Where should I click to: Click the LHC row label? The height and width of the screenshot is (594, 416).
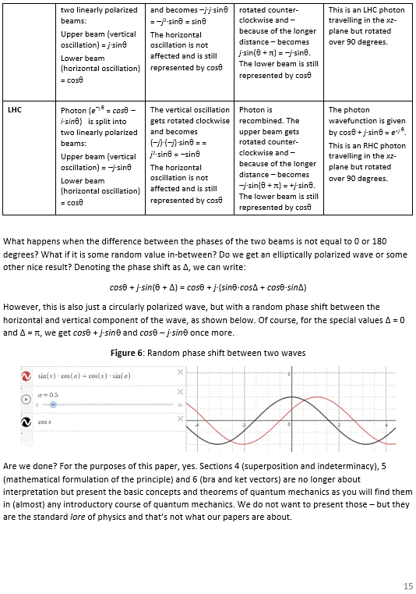click(15, 110)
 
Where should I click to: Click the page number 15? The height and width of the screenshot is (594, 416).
click(407, 585)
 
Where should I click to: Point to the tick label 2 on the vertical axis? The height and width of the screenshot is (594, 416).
click(287, 375)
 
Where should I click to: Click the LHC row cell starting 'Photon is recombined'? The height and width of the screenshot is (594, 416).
click(279, 159)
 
